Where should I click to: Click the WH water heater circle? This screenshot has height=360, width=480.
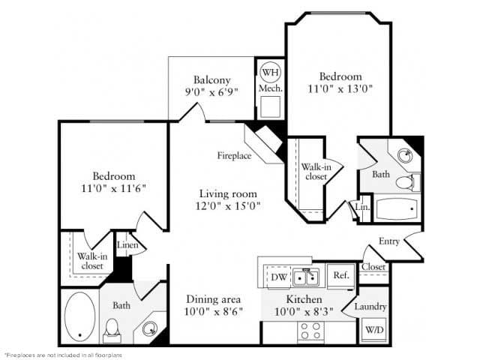269,72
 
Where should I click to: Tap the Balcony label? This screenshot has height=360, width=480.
211,80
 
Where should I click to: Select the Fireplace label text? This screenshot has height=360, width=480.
234,156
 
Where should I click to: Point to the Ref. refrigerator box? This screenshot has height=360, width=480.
340,275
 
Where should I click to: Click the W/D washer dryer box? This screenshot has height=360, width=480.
373,329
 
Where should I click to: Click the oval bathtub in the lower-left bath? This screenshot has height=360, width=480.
81,316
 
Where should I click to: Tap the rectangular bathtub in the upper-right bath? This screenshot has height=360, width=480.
397,208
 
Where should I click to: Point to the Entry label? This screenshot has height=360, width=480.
389,241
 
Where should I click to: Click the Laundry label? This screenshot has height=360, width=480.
370,307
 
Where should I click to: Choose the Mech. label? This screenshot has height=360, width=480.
269,88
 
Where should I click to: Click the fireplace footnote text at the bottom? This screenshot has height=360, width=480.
63,354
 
